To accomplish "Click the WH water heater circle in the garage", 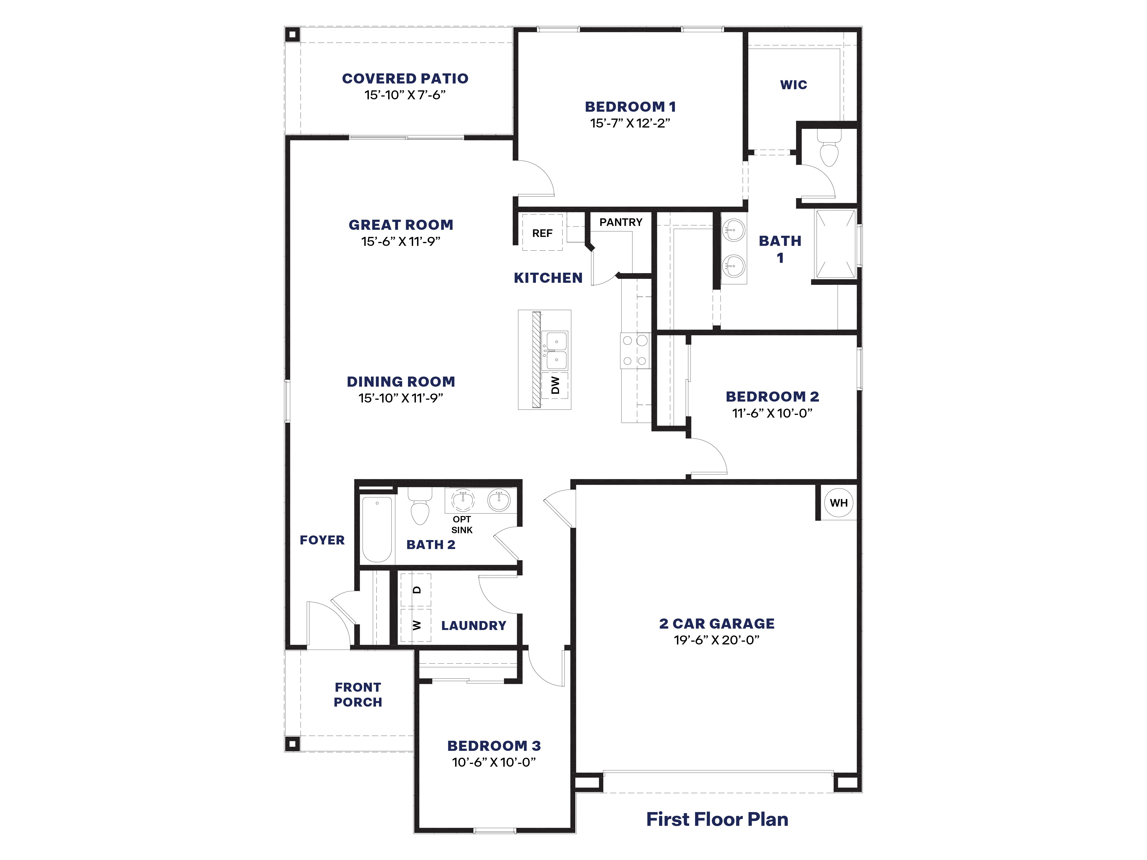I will pyautogui.click(x=838, y=502).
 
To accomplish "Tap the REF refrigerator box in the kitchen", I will pyautogui.click(x=542, y=233).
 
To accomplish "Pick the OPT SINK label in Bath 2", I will pyautogui.click(x=462, y=524).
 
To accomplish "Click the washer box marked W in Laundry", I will pyautogui.click(x=416, y=625).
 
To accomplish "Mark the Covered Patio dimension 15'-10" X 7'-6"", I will pyautogui.click(x=405, y=95).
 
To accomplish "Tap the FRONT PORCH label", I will pyautogui.click(x=358, y=695).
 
